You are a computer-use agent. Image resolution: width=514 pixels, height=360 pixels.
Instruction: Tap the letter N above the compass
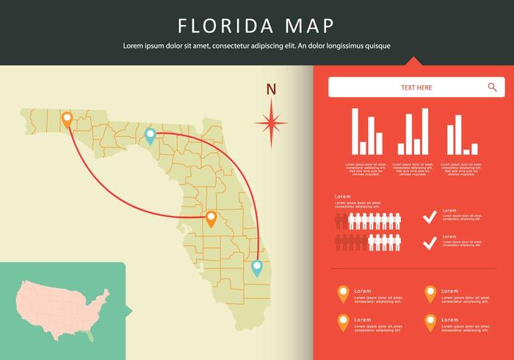tap(271, 90)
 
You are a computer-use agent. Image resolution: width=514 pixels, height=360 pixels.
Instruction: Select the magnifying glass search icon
tap(492, 87)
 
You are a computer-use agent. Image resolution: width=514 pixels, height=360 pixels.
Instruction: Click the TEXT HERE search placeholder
tap(416, 88)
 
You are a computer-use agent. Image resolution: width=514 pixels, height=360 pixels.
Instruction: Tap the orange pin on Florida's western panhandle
tap(67, 120)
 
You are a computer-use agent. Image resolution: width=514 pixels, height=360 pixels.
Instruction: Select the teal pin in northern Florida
tap(150, 135)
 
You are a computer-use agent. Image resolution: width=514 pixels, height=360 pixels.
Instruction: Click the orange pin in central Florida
tap(211, 218)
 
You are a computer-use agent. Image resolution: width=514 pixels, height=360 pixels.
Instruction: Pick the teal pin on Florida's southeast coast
tap(256, 268)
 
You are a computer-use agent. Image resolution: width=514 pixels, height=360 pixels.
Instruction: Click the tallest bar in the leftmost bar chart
tap(355, 132)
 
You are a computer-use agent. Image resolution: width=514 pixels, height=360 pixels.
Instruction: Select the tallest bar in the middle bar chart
tap(424, 132)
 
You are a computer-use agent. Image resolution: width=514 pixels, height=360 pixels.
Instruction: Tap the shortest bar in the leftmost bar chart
tap(363, 148)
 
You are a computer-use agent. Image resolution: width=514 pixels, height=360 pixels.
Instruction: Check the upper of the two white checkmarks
tap(430, 217)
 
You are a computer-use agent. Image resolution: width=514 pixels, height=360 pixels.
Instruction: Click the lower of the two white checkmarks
tap(430, 241)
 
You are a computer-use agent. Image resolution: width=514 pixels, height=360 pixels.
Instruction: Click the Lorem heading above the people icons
tap(342, 198)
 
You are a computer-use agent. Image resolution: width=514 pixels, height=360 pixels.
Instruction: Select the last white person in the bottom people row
tap(397, 242)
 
